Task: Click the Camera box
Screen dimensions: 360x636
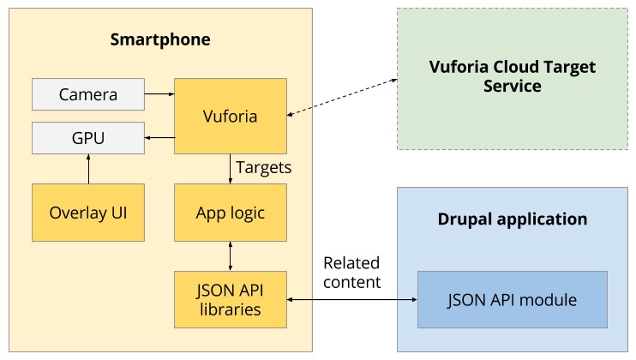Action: tap(87, 93)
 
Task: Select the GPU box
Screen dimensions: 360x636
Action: tap(87, 137)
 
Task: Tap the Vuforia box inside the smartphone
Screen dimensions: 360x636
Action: tap(230, 116)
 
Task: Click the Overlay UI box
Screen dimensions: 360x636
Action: tap(87, 212)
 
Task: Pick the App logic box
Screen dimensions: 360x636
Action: tap(230, 212)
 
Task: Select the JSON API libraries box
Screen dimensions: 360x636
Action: tap(230, 299)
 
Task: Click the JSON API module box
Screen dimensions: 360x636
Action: tap(512, 299)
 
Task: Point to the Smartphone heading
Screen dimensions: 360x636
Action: tap(160, 40)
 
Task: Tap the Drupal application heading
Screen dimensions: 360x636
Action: tap(512, 219)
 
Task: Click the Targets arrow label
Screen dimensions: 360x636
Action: tap(263, 167)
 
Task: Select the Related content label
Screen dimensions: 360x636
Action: tap(351, 272)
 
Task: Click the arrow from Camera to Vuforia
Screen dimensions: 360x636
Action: tap(159, 93)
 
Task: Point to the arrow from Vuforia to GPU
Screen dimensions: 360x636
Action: tap(159, 137)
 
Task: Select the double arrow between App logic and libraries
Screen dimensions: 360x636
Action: tap(230, 255)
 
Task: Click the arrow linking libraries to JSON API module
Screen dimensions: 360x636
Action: tap(351, 299)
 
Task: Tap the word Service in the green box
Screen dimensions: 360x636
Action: tap(512, 87)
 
